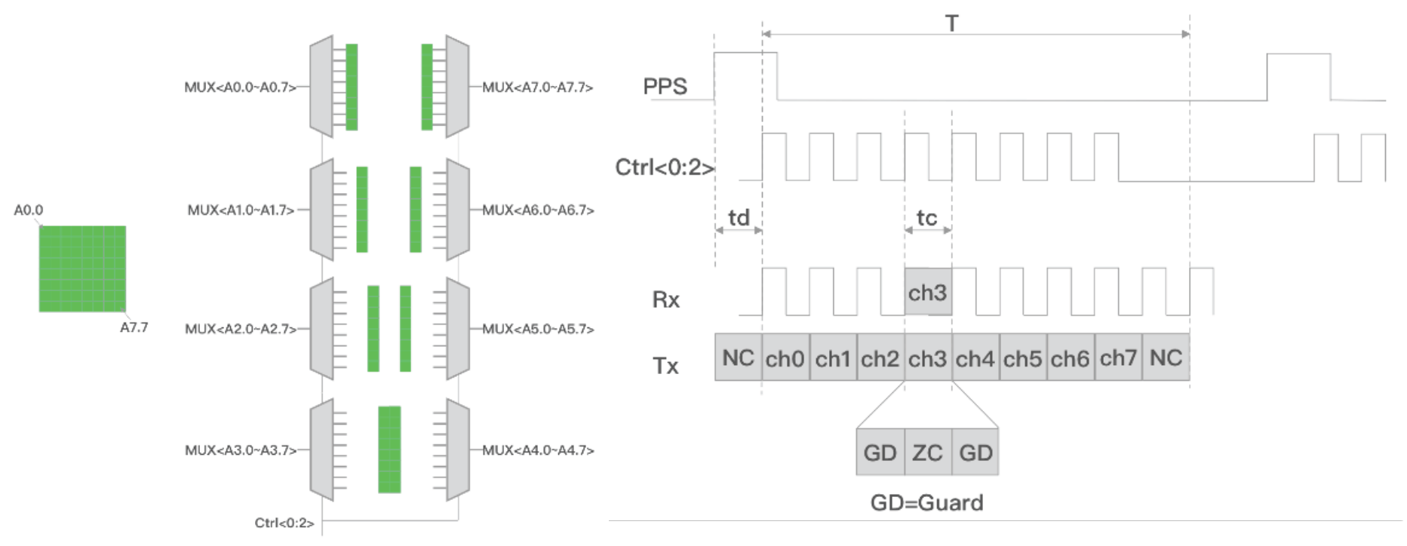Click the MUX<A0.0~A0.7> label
240,87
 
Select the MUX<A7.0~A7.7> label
537,87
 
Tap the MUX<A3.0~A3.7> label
241,450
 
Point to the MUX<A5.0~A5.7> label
538,329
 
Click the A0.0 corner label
29,210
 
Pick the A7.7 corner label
134,327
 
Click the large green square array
82,268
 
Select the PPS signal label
665,87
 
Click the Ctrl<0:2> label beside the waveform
665,167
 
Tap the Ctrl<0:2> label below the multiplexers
284,523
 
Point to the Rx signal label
665,299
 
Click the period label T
952,23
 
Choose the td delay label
739,218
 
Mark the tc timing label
926,218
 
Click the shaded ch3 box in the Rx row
928,292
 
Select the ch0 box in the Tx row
785,357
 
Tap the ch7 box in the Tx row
1118,357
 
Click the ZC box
928,452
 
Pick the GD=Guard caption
926,503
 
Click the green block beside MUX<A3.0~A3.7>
389,449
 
